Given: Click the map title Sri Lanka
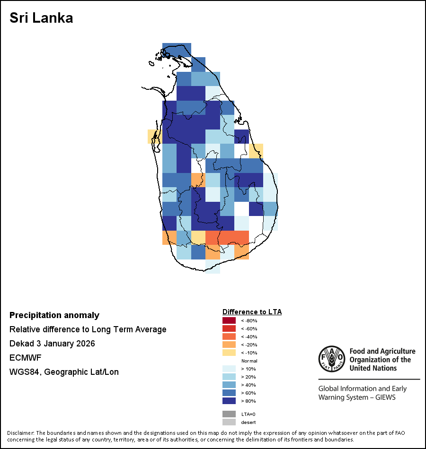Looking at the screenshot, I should point(41,18).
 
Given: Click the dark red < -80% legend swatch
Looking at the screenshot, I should point(229,320).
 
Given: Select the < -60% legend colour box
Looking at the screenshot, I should point(229,328).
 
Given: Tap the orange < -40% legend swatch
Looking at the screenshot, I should point(229,337).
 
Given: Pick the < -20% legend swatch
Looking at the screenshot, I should point(229,345).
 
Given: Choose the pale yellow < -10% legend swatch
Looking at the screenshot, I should point(229,353).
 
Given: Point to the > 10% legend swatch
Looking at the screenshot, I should point(229,369).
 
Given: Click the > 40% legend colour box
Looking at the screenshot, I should point(229,385).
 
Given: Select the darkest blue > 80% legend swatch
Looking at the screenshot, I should point(229,401).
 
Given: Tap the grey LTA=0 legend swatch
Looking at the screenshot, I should point(229,414).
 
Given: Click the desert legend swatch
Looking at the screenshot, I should point(229,422).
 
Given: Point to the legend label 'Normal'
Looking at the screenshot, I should point(249,361).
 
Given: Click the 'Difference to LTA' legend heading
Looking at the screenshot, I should point(252,312).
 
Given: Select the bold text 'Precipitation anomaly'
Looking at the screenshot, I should point(54,315).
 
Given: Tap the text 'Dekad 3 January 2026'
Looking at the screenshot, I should point(52,344).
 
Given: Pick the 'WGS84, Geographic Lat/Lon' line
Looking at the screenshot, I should point(64,372).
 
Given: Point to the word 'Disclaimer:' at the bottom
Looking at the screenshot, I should point(20,433).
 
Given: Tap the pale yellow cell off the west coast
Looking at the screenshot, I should point(154,136).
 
